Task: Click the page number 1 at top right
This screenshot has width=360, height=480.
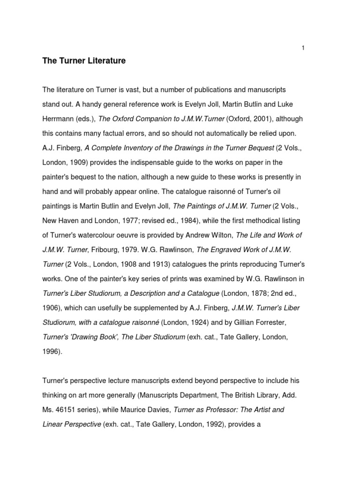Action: pos(304,47)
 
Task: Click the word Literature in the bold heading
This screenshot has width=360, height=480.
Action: pos(103,61)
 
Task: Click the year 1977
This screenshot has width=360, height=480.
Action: pos(124,220)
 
